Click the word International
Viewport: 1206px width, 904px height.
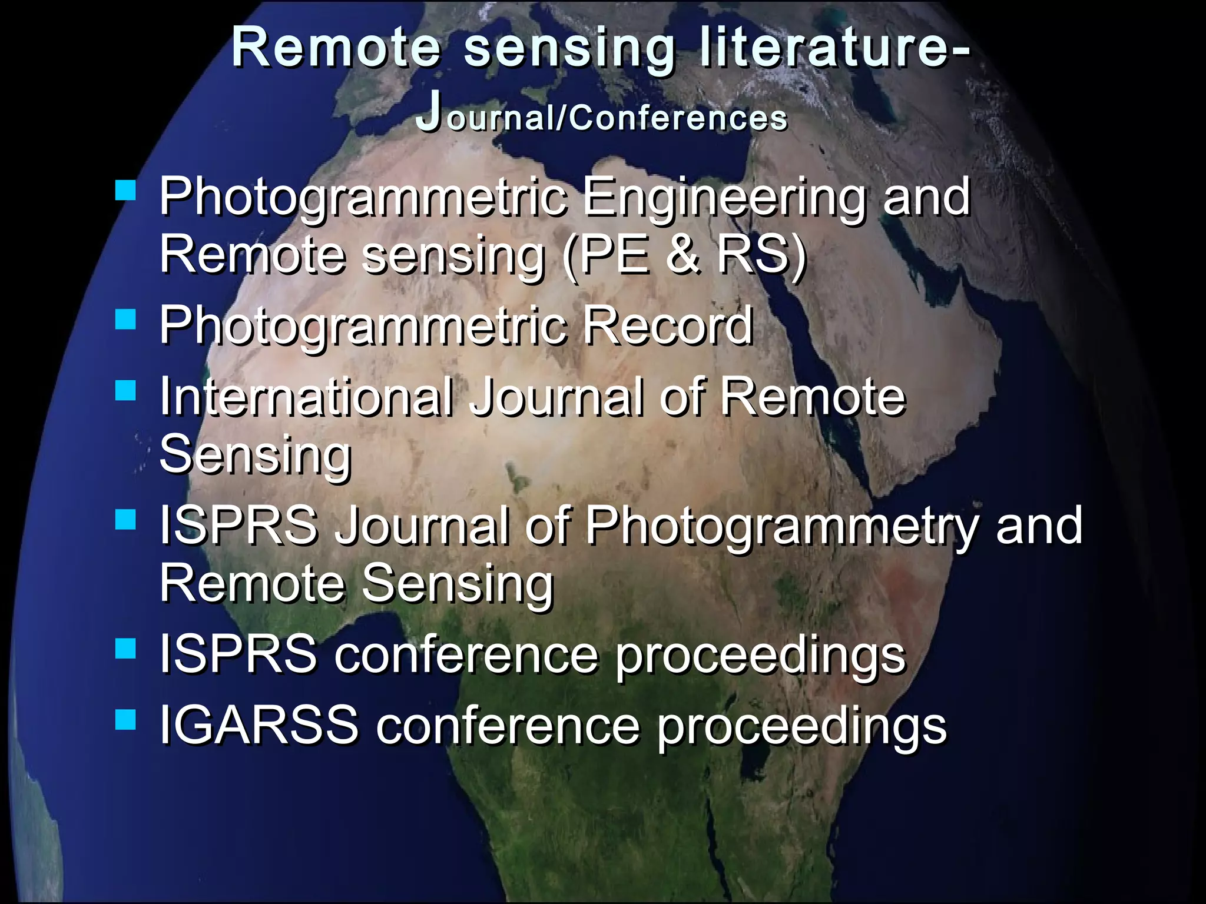coord(307,397)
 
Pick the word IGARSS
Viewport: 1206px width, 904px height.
coord(259,724)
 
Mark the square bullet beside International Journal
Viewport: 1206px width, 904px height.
coord(126,390)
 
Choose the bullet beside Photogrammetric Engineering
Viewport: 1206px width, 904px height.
coord(126,190)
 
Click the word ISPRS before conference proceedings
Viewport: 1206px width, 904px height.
coord(238,654)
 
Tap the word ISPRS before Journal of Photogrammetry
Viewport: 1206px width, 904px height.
coord(238,525)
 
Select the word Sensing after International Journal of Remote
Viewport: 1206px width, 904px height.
coord(256,455)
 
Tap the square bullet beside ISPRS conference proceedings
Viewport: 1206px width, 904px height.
coord(126,649)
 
